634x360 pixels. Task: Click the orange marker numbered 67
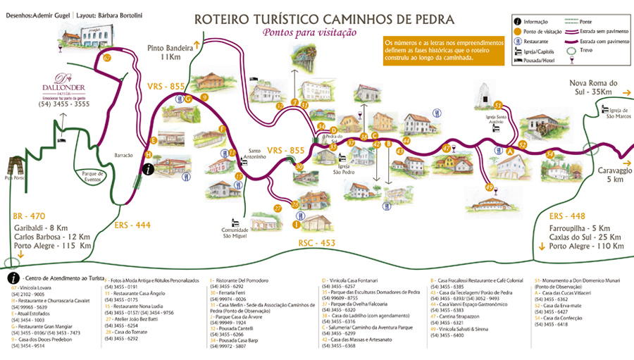(107, 58)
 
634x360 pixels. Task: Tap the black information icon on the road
(149, 168)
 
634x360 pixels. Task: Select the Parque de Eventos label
(92, 176)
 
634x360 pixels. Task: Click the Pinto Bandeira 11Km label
(170, 51)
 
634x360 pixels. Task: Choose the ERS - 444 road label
(132, 225)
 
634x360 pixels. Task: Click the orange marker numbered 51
(497, 105)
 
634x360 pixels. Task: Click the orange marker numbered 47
(447, 148)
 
